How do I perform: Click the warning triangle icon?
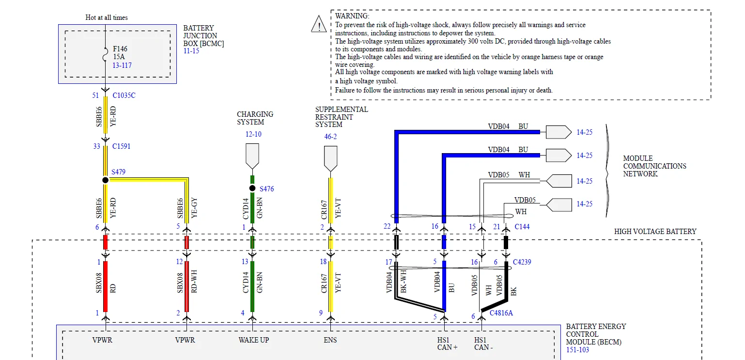click(x=319, y=24)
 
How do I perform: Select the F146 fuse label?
click(x=120, y=49)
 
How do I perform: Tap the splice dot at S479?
click(x=105, y=180)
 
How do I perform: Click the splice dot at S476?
click(x=252, y=188)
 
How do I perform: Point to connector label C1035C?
click(x=124, y=95)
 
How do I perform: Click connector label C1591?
click(x=122, y=146)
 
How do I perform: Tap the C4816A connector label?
click(x=501, y=313)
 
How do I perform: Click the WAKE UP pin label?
click(x=253, y=340)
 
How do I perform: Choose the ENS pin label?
click(x=330, y=340)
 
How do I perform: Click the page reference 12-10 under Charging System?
click(x=253, y=134)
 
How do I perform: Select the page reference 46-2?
click(x=330, y=137)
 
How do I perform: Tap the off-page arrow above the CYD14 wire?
click(x=252, y=156)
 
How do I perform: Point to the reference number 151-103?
click(x=577, y=350)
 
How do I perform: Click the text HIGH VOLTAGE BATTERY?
click(x=655, y=232)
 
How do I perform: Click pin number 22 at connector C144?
click(x=387, y=226)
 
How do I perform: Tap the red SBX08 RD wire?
click(x=105, y=286)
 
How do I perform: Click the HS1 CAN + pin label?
click(x=447, y=344)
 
